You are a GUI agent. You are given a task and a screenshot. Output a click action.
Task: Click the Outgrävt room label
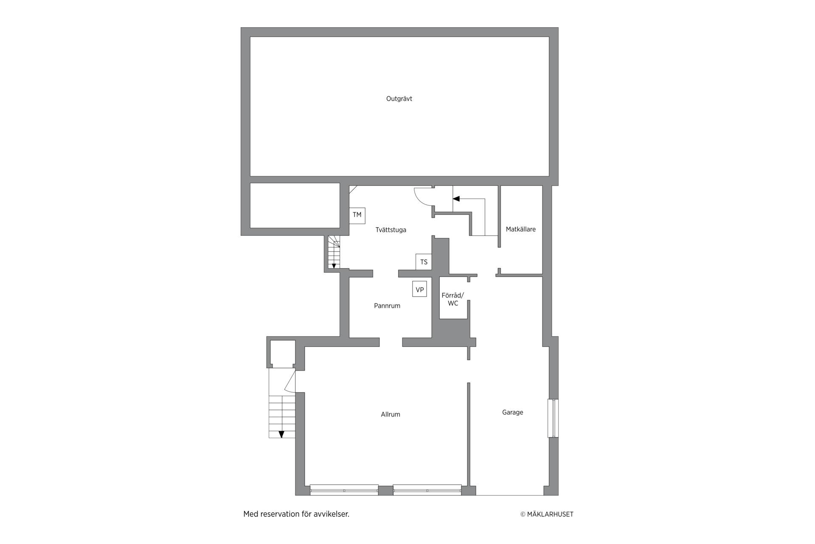click(x=399, y=99)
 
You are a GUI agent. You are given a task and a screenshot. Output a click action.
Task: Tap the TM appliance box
click(x=357, y=215)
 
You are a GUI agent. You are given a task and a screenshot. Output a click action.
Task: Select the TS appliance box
click(x=424, y=262)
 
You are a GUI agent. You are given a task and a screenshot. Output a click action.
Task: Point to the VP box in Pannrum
click(x=419, y=289)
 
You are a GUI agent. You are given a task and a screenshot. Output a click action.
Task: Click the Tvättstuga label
click(x=391, y=230)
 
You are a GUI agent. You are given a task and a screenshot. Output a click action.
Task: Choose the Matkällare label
click(x=520, y=229)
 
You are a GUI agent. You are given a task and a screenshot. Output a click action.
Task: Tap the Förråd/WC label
click(x=453, y=299)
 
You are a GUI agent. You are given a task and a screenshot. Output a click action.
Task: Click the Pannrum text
click(x=387, y=306)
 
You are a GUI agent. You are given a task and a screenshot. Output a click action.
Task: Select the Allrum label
click(x=390, y=414)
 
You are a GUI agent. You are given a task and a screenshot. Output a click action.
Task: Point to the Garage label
click(x=512, y=412)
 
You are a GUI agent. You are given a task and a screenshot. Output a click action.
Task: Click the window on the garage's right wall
click(x=553, y=418)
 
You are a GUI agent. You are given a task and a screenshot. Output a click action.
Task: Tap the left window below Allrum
click(x=344, y=490)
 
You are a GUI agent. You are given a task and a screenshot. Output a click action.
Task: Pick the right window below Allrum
click(x=427, y=490)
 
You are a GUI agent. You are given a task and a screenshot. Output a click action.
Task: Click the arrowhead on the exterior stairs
click(x=281, y=434)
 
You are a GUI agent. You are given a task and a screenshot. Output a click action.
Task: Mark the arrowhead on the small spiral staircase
click(x=334, y=266)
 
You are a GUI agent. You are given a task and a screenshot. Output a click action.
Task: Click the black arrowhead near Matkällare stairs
click(x=456, y=198)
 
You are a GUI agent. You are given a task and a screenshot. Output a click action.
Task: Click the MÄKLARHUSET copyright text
click(x=547, y=514)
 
